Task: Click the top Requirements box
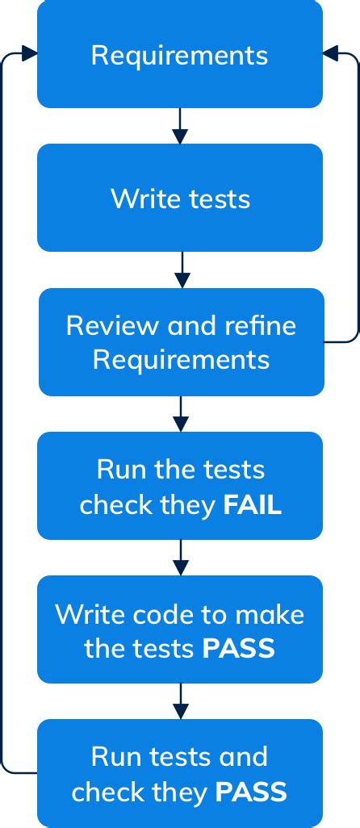click(x=179, y=55)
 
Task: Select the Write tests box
click(x=179, y=198)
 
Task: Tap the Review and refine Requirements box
click(x=181, y=341)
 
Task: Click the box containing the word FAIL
click(x=179, y=486)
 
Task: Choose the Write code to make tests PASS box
click(x=179, y=629)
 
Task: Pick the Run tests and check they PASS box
click(x=179, y=773)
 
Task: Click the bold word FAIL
click(x=252, y=505)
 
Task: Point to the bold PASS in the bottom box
click(x=251, y=792)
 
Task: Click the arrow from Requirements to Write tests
click(x=180, y=126)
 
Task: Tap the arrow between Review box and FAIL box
click(x=181, y=414)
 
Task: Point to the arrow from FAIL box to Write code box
click(x=180, y=558)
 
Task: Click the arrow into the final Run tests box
click(x=180, y=701)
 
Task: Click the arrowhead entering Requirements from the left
click(x=30, y=53)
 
